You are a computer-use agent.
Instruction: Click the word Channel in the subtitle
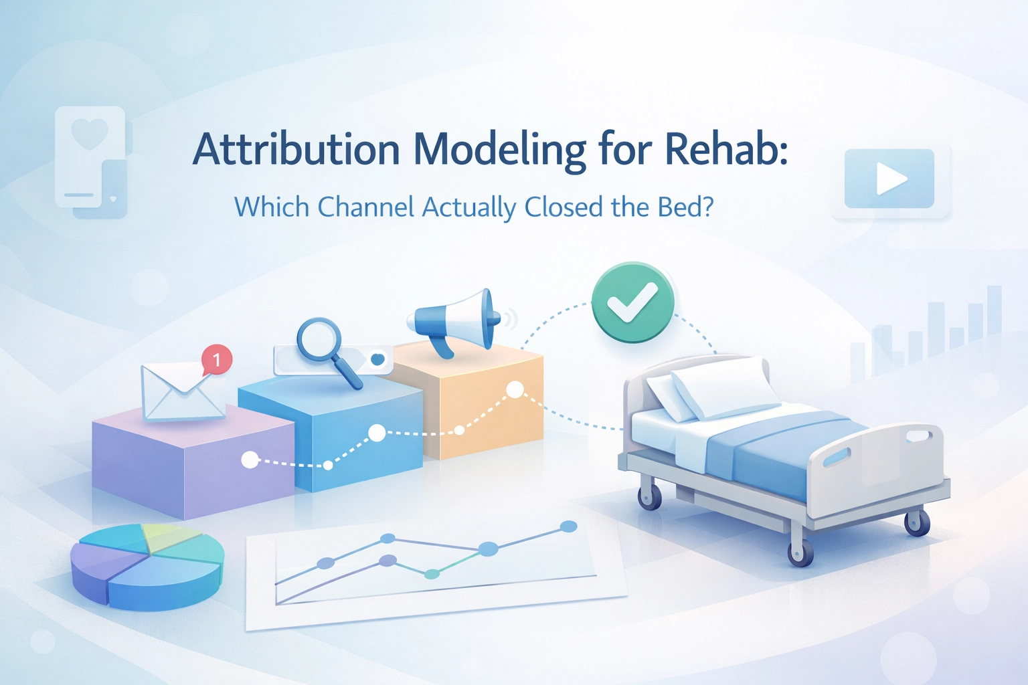pos(366,207)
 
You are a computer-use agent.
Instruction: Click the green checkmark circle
pos(632,302)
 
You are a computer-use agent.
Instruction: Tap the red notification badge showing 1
pos(217,359)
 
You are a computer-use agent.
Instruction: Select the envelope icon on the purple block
pos(182,392)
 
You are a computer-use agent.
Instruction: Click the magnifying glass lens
pos(320,339)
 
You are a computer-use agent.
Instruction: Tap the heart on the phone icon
pos(90,133)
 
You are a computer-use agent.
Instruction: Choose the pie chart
pos(147,567)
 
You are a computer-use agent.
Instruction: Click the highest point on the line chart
pos(569,526)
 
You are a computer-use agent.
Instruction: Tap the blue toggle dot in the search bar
pos(377,359)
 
